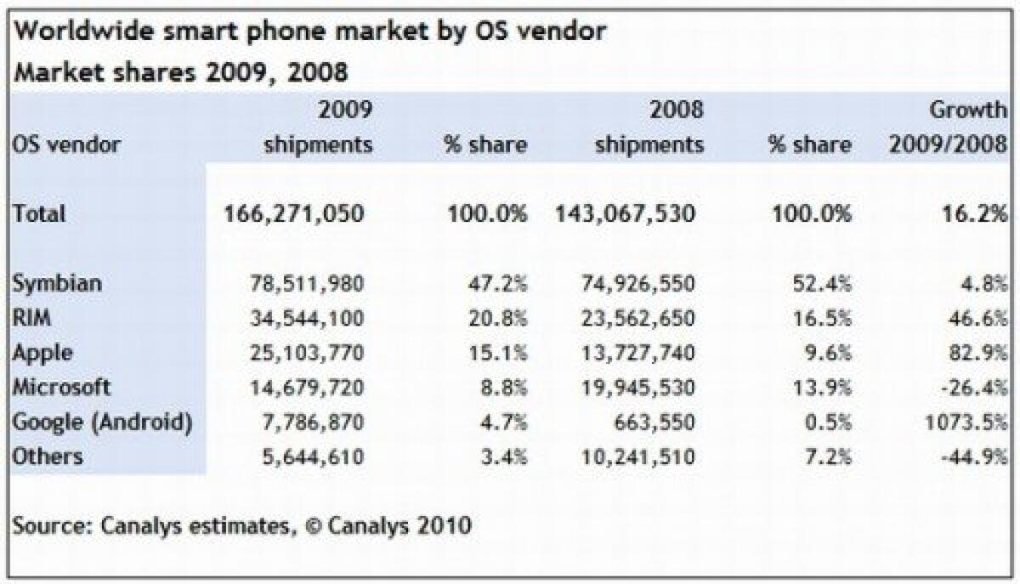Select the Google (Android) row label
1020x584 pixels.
[101, 422]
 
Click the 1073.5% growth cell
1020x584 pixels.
[962, 422]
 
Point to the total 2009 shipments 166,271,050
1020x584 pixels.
[294, 213]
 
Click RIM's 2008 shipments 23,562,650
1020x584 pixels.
[639, 318]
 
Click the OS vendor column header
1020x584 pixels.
[66, 145]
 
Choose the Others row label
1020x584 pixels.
[48, 456]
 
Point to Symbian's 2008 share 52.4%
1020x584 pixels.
[822, 283]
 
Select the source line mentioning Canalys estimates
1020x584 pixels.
[241, 524]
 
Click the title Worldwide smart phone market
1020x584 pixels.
[311, 31]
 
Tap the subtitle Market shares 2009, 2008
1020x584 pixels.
[181, 72]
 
